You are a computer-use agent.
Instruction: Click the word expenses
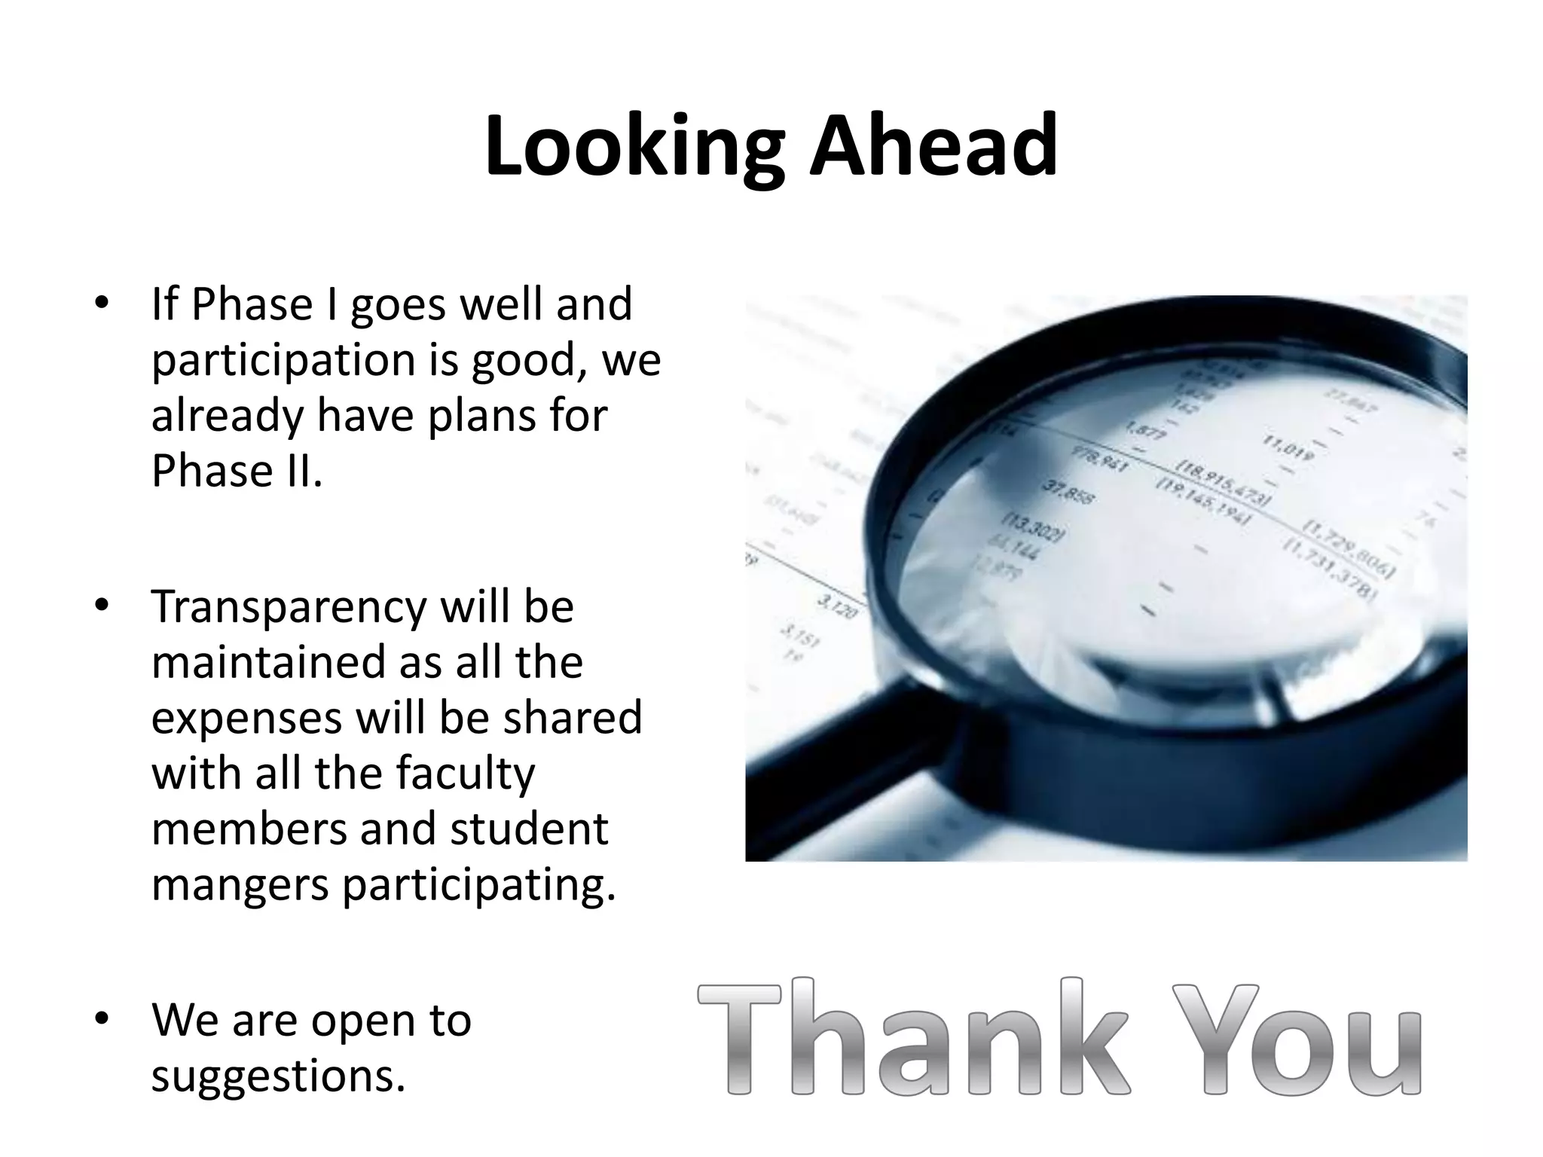click(x=246, y=718)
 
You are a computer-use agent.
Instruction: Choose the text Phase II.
click(x=237, y=471)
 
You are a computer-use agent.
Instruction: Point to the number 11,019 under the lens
click(x=1289, y=448)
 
